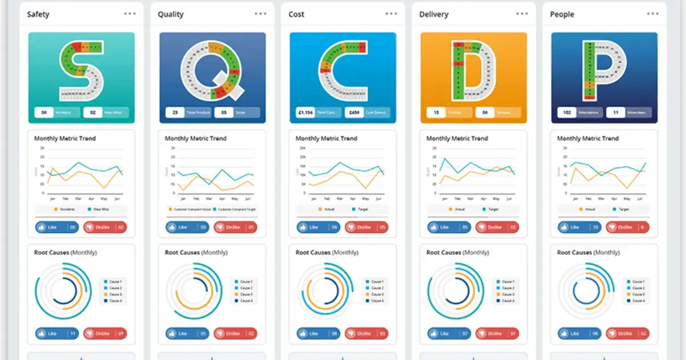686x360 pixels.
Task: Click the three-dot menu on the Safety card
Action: pyautogui.click(x=130, y=14)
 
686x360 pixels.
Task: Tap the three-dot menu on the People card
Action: pyautogui.click(x=652, y=14)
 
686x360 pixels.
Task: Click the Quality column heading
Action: pyautogui.click(x=171, y=14)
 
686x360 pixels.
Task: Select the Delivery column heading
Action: pyautogui.click(x=434, y=14)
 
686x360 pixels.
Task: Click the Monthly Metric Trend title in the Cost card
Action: pyautogui.click(x=326, y=139)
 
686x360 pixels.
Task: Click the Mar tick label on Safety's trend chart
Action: pyautogui.click(x=78, y=200)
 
